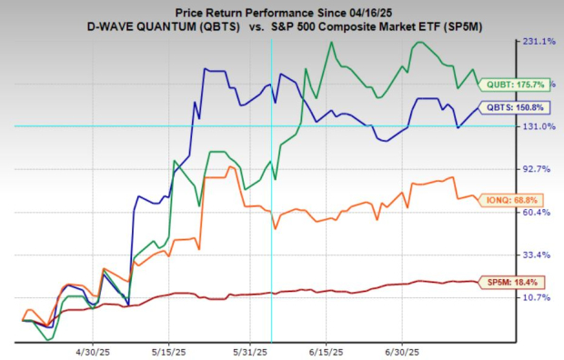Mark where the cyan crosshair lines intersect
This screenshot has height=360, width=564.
[272, 126]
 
